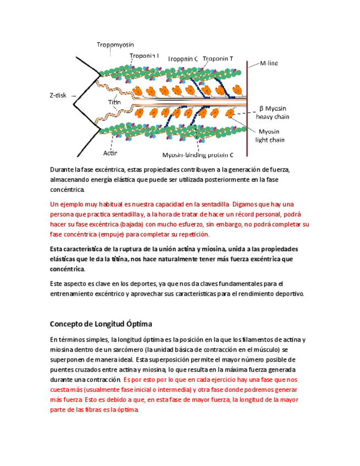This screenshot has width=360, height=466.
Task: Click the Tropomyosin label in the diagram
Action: (x=115, y=45)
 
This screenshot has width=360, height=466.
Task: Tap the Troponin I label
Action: (x=145, y=56)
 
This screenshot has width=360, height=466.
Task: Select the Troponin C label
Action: (x=182, y=59)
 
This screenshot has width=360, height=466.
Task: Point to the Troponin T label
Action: (x=218, y=59)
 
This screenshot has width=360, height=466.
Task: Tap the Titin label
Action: (x=114, y=102)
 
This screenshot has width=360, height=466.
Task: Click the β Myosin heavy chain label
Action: (x=272, y=113)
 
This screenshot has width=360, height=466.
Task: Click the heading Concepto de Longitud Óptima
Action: (x=101, y=324)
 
